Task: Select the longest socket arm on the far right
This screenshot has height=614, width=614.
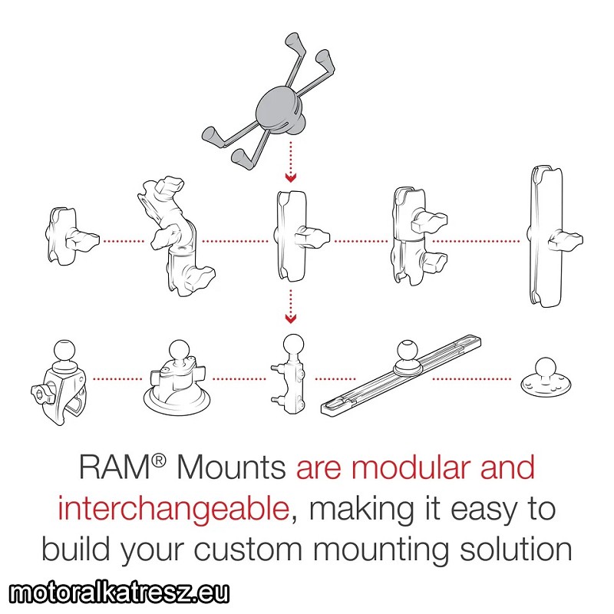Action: pyautogui.click(x=551, y=237)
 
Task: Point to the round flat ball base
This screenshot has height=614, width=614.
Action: pyautogui.click(x=546, y=378)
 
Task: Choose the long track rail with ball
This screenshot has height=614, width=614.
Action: pyautogui.click(x=401, y=374)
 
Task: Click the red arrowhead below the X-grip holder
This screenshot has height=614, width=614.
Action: pyautogui.click(x=291, y=178)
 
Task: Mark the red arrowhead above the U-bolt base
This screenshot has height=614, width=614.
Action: pyautogui.click(x=291, y=319)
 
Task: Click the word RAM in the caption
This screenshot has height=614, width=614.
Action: pyautogui.click(x=114, y=467)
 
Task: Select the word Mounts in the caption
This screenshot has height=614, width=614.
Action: pyautogui.click(x=232, y=467)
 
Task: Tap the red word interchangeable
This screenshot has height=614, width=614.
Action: pyautogui.click(x=173, y=509)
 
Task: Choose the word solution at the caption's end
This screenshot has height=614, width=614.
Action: pyautogui.click(x=516, y=549)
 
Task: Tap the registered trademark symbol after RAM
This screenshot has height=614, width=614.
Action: pyautogui.click(x=159, y=461)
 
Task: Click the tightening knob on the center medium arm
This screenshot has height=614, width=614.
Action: pyautogui.click(x=312, y=238)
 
